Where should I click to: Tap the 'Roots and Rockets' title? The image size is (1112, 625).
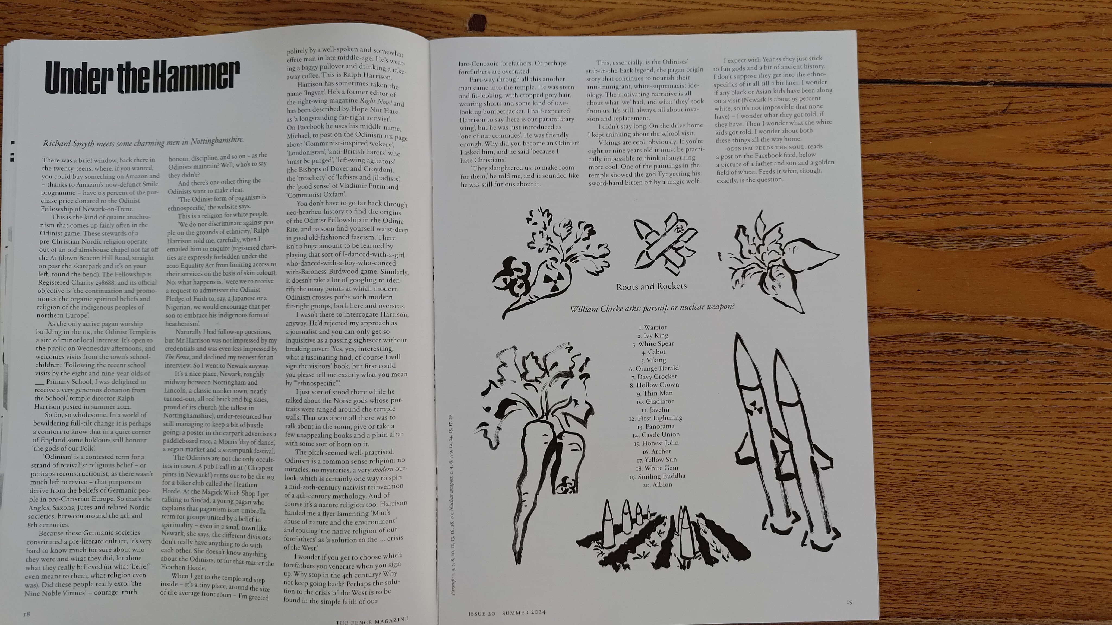[x=651, y=286]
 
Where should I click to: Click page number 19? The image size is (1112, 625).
[x=849, y=602]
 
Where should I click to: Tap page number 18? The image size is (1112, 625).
[x=26, y=614]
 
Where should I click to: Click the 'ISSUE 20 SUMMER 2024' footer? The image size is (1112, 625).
[x=507, y=613]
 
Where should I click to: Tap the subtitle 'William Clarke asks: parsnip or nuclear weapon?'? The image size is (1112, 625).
[x=652, y=308]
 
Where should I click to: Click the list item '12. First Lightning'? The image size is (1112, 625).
[x=656, y=418]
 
